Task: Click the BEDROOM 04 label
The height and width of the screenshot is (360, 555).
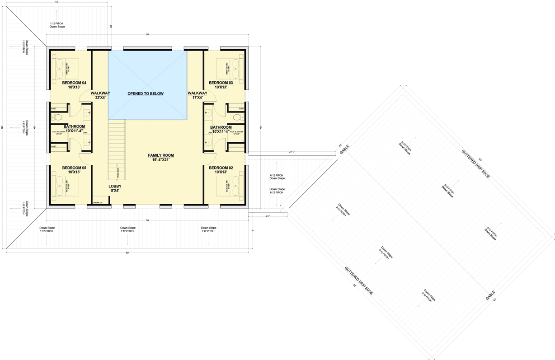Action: click(74, 83)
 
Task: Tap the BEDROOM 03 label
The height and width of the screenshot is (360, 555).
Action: click(221, 83)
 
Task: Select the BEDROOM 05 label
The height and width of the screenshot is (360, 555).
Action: click(74, 168)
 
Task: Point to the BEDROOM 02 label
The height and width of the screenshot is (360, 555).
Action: click(221, 168)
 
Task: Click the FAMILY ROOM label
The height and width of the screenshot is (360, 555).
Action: click(161, 155)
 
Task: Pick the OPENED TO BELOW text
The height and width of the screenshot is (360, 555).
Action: click(146, 94)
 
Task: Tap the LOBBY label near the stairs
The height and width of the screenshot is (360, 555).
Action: click(115, 186)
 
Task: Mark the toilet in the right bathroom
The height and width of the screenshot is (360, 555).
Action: click(237, 117)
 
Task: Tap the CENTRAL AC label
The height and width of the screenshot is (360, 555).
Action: click(98, 203)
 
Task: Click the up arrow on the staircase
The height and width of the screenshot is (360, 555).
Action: click(117, 173)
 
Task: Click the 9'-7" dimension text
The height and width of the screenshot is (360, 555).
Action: click(268, 217)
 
